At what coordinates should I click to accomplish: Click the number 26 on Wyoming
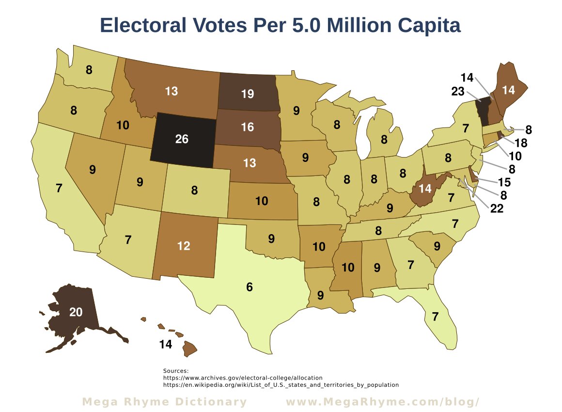(x=182, y=140)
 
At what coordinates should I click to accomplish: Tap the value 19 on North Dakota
(x=247, y=94)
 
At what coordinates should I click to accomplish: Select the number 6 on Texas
(x=250, y=287)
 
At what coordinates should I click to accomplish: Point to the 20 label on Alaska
(x=76, y=313)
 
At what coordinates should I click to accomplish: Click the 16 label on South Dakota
(x=247, y=127)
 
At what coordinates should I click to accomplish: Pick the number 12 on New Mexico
(x=184, y=246)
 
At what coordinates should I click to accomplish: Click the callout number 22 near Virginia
(x=497, y=209)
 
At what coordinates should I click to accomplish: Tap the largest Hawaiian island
(x=189, y=348)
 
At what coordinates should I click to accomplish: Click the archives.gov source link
(x=243, y=378)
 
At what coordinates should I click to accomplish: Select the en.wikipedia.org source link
(x=281, y=385)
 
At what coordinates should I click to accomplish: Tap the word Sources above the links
(x=176, y=371)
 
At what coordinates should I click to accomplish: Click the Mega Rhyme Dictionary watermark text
(x=164, y=402)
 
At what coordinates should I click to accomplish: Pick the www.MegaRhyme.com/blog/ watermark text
(x=383, y=402)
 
